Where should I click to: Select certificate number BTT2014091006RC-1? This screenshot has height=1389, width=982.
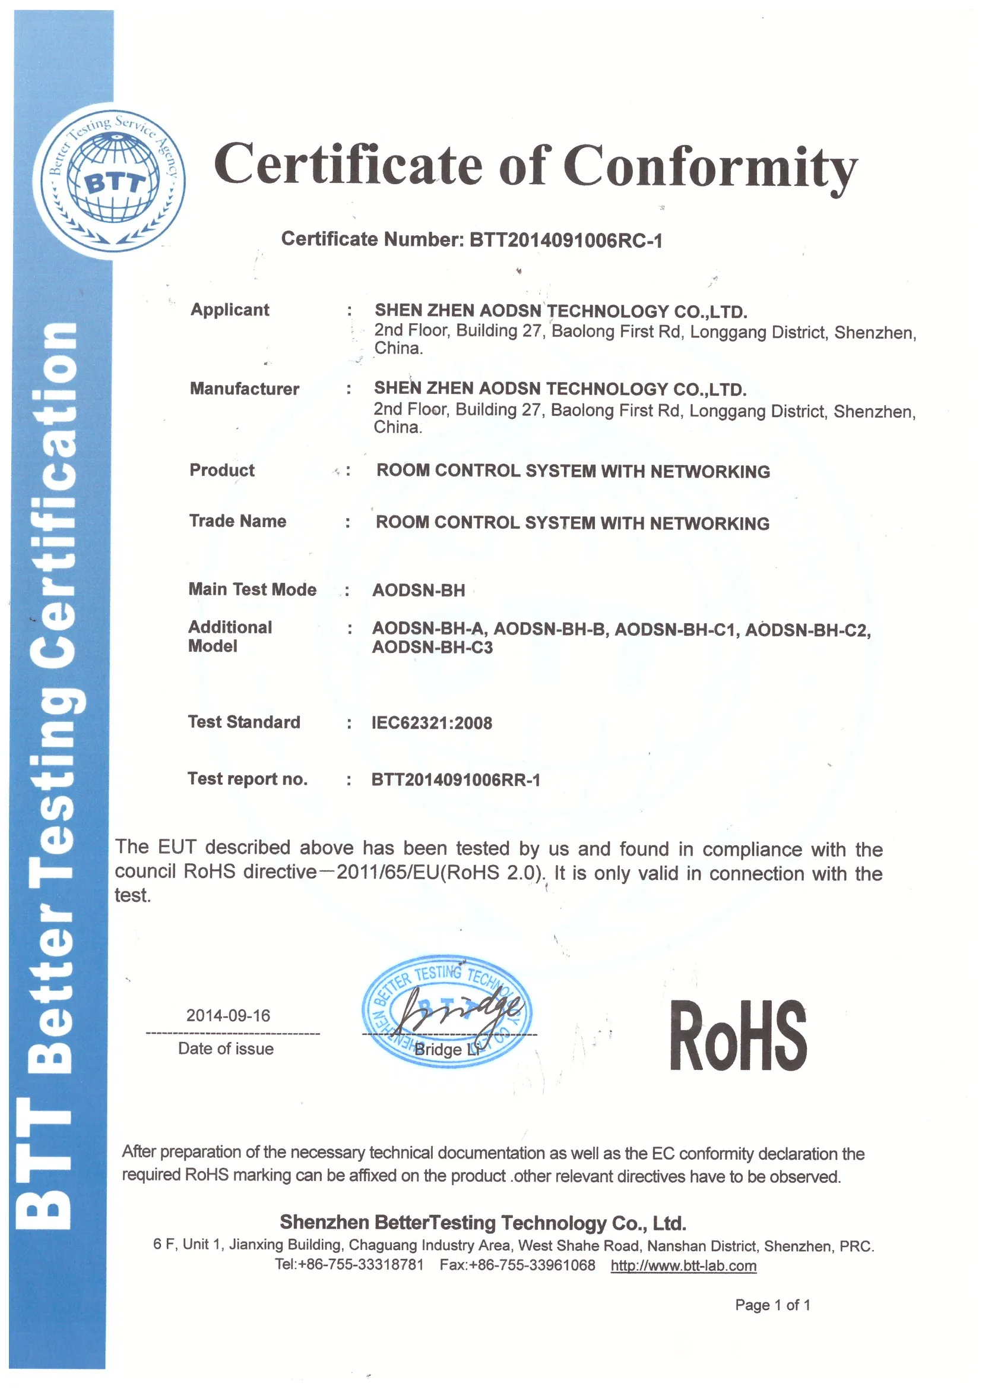[566, 241]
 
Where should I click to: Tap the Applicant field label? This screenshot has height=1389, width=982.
[230, 310]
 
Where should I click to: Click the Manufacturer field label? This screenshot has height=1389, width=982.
[244, 389]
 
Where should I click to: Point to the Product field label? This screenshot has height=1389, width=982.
[222, 470]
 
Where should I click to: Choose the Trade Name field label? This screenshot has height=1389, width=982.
[237, 521]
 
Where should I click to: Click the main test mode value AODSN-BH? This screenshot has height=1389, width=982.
[419, 590]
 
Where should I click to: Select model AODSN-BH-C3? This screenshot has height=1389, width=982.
[432, 648]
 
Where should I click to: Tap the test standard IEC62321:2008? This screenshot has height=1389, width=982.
[432, 722]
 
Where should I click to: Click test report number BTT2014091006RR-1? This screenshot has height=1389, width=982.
[456, 779]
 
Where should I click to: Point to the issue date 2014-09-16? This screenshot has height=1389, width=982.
[228, 1015]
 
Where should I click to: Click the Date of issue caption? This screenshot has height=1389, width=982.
[226, 1049]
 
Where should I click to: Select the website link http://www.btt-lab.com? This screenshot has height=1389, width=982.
[683, 1265]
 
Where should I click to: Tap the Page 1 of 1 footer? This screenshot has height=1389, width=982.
[772, 1305]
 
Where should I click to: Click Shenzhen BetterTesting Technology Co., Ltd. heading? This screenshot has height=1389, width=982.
[483, 1223]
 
